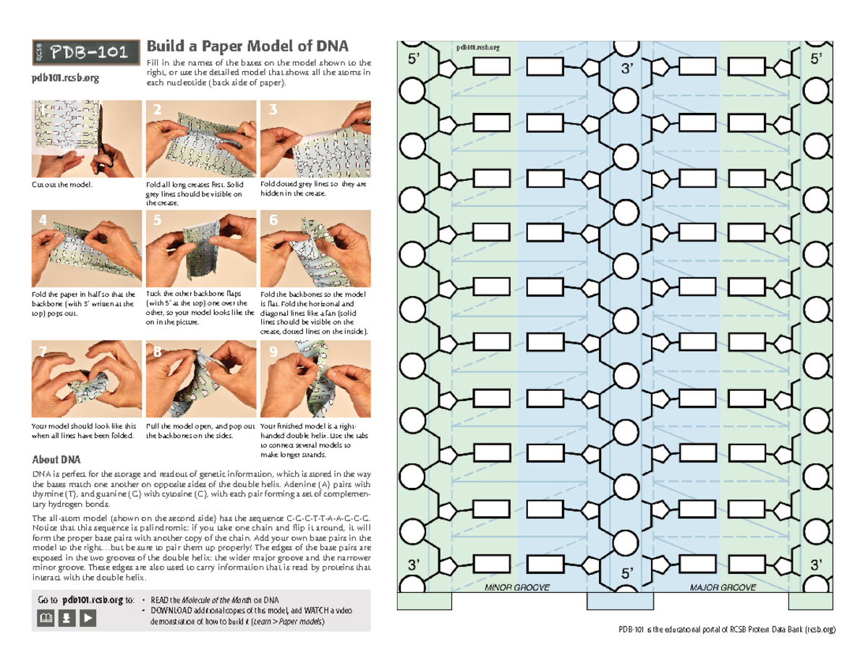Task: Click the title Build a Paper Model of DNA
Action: [247, 46]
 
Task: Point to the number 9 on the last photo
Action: [273, 353]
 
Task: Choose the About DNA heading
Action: [56, 460]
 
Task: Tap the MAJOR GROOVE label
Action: [723, 588]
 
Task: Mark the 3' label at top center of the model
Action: [627, 70]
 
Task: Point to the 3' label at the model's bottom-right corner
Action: [817, 564]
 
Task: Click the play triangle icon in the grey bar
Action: [88, 617]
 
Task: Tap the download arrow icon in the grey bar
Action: [66, 617]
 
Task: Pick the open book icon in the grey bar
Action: [45, 617]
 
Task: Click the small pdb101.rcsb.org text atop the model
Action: [477, 47]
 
